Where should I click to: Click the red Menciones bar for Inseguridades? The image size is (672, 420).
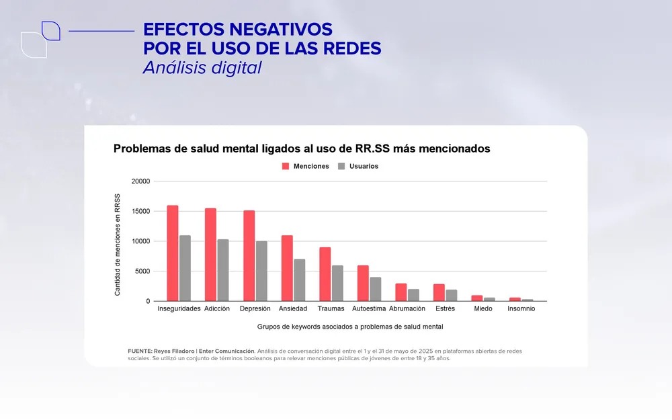click(x=173, y=253)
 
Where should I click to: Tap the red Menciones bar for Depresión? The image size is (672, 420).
click(x=249, y=256)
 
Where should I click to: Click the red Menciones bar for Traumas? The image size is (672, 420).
click(x=325, y=274)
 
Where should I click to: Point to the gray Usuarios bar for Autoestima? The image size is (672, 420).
click(x=376, y=289)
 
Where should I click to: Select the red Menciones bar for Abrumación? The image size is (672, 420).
click(x=401, y=292)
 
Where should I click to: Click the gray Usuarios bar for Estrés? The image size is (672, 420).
click(x=452, y=296)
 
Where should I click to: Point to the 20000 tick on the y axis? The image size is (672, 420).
click(x=140, y=181)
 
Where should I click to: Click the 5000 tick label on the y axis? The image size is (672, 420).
click(x=142, y=271)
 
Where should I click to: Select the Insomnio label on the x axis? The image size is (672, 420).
click(x=521, y=309)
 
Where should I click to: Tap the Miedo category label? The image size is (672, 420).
click(x=482, y=309)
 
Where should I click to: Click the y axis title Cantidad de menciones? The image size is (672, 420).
click(x=118, y=245)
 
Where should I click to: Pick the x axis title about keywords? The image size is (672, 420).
click(x=349, y=327)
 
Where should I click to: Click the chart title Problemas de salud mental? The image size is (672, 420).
click(x=302, y=149)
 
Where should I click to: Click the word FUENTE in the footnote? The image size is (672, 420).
click(x=139, y=351)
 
